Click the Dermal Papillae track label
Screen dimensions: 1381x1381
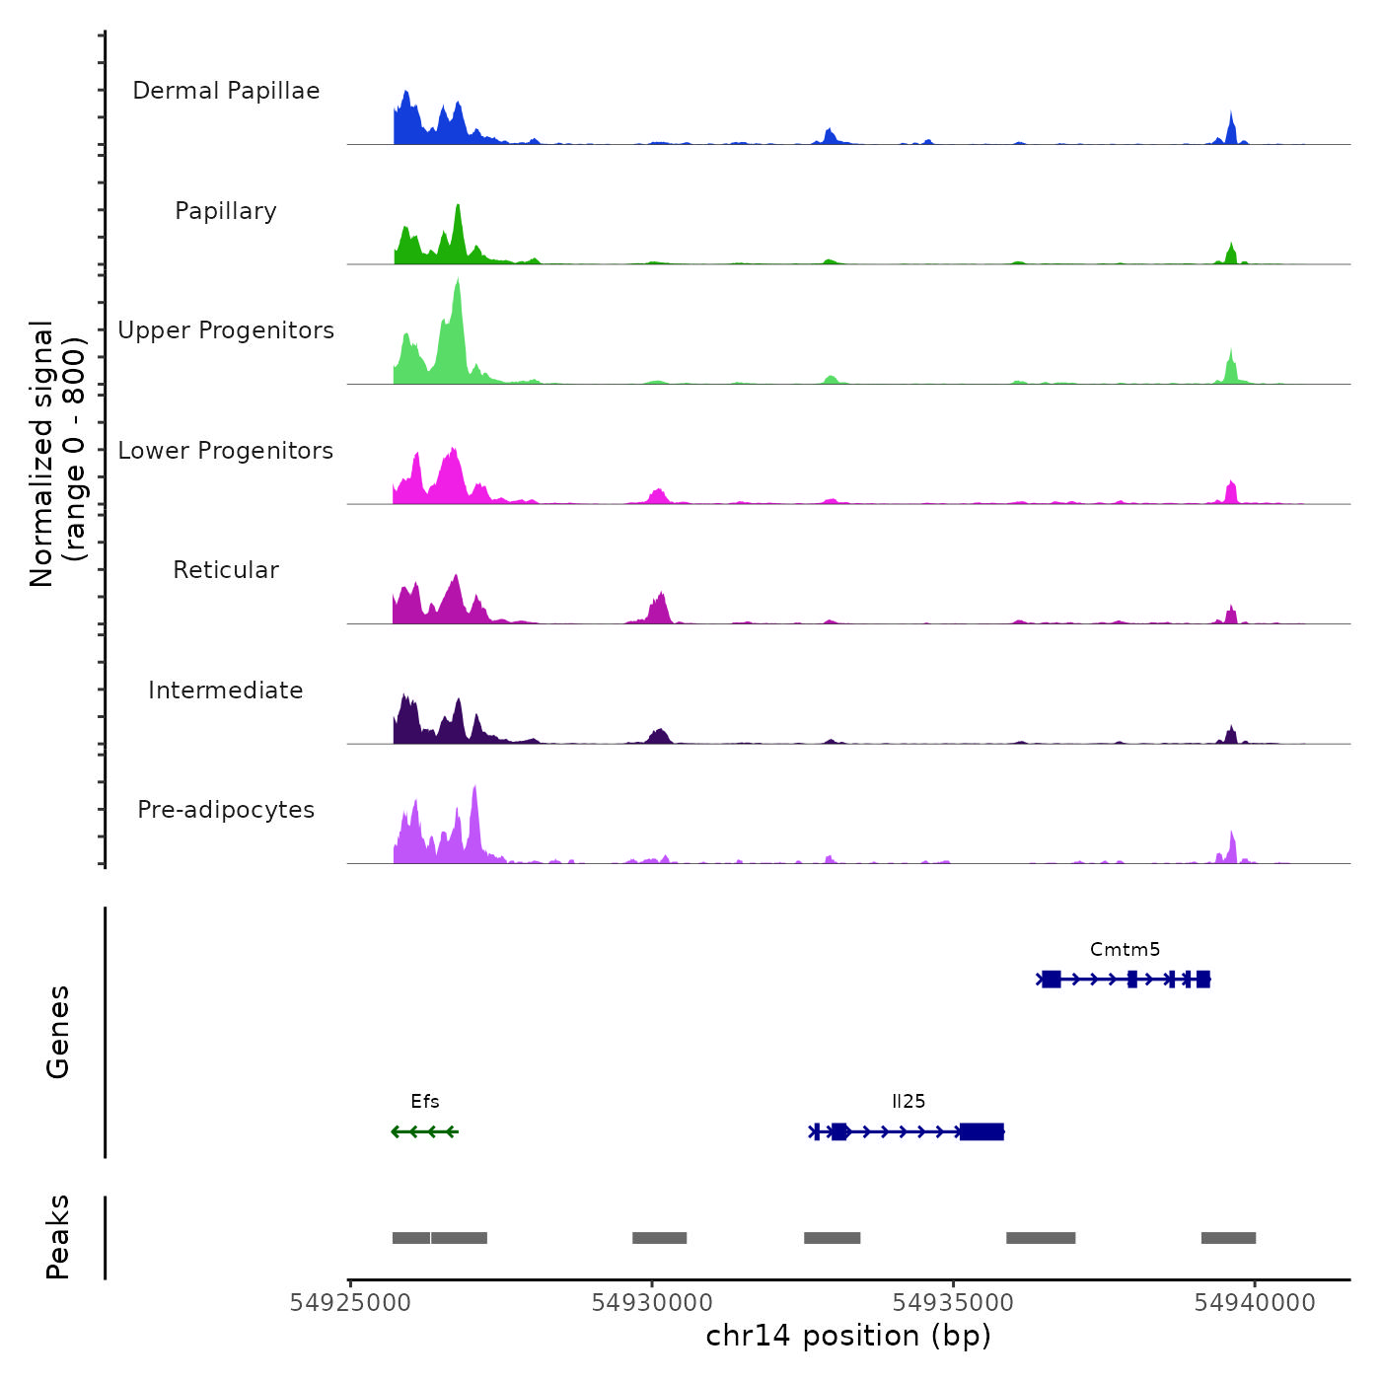click(226, 91)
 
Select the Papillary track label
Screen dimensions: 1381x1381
click(226, 211)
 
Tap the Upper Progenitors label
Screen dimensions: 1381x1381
click(226, 330)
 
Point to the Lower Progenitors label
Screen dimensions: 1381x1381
click(226, 451)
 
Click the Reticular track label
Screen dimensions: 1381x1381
click(226, 570)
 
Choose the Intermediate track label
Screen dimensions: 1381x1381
click(226, 690)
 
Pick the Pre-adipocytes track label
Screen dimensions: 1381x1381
click(226, 810)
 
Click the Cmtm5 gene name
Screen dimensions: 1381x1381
click(1125, 950)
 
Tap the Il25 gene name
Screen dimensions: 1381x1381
click(909, 1102)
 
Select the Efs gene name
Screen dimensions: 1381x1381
click(425, 1102)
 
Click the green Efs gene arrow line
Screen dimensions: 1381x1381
click(425, 1131)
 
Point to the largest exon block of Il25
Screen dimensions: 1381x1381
click(981, 1131)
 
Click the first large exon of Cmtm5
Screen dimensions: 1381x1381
click(1052, 980)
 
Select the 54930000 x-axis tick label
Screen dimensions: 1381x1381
click(652, 1303)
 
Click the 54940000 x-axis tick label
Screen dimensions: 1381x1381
click(1255, 1303)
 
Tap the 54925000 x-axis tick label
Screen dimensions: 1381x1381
click(350, 1303)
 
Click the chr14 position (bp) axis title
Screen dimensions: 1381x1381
click(848, 1336)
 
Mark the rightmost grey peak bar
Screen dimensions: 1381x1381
click(1228, 1238)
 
